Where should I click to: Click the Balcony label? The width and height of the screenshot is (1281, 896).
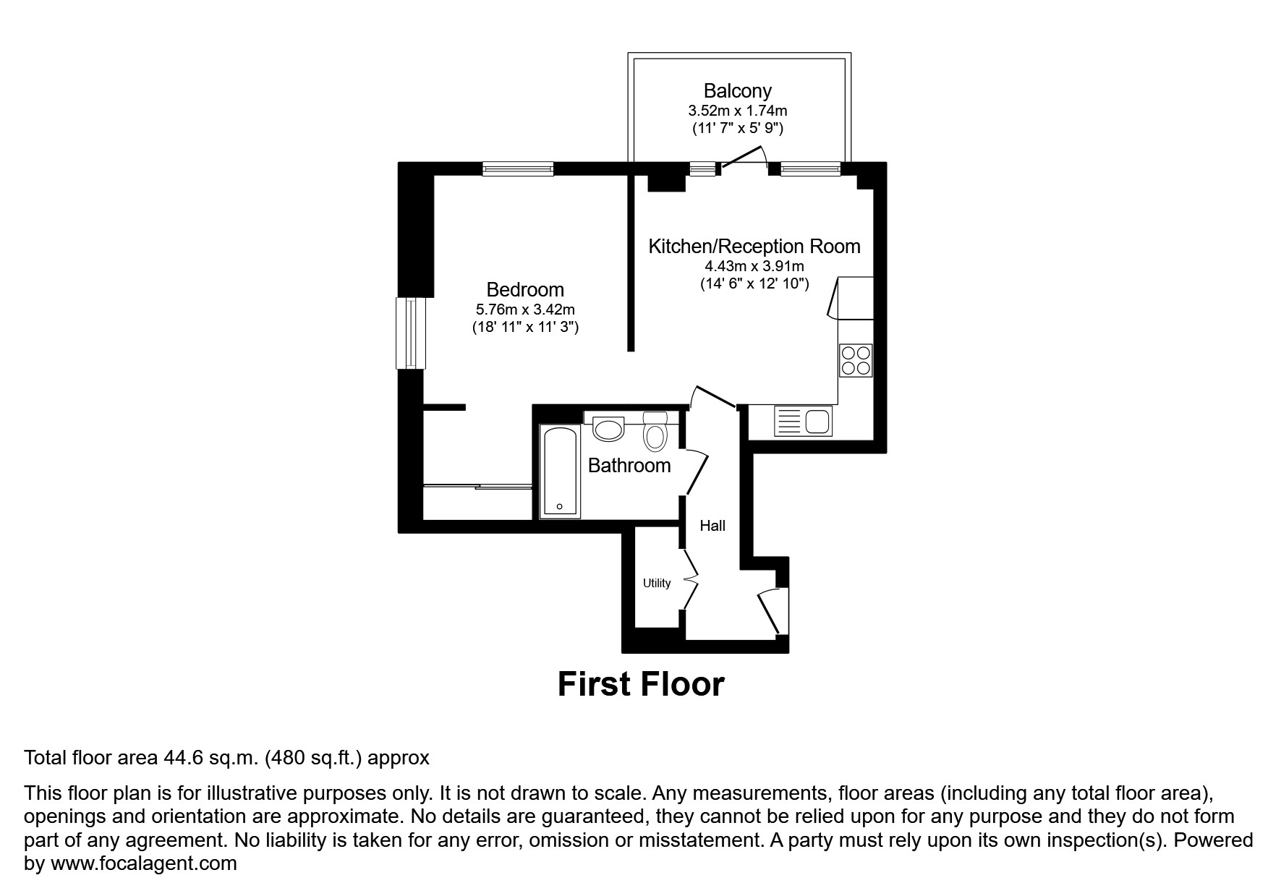(737, 91)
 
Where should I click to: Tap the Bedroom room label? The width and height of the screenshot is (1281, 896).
(524, 290)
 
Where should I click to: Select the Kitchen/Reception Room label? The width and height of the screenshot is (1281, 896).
(754, 247)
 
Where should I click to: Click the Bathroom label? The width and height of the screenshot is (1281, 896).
(629, 466)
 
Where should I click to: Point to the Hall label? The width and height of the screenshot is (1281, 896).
(712, 526)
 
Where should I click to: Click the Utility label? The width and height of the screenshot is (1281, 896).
(657, 583)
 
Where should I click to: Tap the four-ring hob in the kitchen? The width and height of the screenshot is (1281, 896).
(855, 360)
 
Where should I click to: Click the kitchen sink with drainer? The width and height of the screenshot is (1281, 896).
(803, 421)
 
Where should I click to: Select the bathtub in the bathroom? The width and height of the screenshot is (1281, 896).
(560, 471)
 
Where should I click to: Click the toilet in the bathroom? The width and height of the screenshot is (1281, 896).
(655, 433)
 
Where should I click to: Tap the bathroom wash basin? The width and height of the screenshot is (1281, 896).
(608, 428)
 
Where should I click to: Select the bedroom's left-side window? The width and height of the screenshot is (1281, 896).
(410, 333)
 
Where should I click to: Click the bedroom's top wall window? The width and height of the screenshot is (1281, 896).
(518, 169)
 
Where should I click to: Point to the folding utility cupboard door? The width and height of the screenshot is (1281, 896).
(691, 579)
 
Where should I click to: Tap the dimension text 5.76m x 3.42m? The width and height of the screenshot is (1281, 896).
(524, 310)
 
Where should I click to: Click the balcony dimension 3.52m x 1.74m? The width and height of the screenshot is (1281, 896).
(737, 111)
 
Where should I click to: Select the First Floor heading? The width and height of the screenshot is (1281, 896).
(640, 684)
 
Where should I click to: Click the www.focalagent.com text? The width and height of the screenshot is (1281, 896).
(143, 863)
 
